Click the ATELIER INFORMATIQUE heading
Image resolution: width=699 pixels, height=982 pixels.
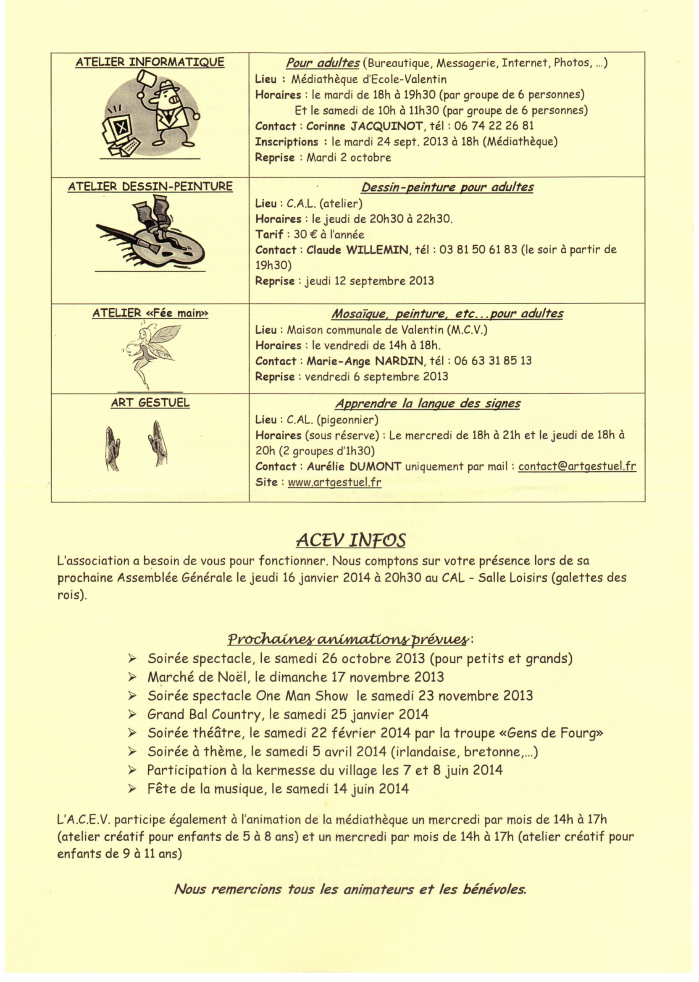(150, 62)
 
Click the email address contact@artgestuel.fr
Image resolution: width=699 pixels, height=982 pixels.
(577, 467)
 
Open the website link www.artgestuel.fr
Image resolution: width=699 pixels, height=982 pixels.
(334, 482)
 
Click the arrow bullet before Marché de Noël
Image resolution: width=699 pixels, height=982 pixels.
(132, 677)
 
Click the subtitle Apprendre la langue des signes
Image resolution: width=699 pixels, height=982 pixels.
(428, 404)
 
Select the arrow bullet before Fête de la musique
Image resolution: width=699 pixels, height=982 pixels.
(132, 789)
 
